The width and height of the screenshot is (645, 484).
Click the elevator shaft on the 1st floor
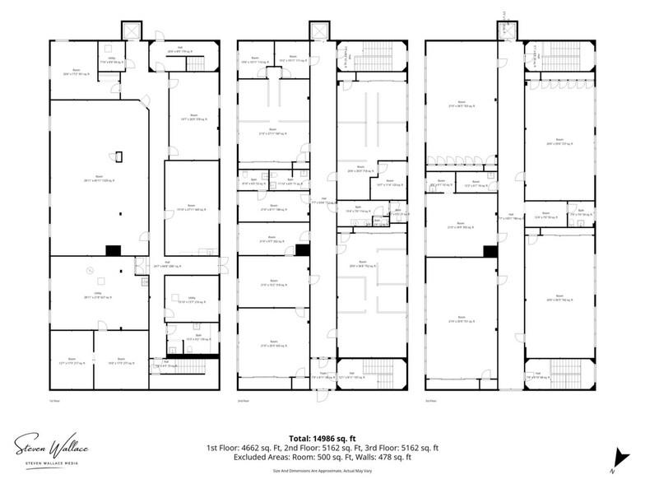point(130,31)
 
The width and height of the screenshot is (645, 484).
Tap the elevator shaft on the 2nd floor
point(318,31)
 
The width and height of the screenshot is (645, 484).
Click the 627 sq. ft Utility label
point(99,298)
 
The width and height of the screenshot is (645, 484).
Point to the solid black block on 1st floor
point(112,249)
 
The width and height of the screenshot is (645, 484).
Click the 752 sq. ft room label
point(360,266)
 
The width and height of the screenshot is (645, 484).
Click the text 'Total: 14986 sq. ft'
point(322,439)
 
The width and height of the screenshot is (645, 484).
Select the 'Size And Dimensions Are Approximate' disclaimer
point(322,470)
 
